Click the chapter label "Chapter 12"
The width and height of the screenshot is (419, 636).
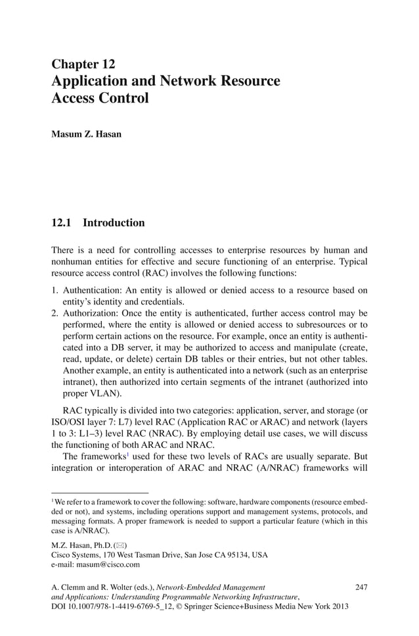83,64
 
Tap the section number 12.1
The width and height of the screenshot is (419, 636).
62,223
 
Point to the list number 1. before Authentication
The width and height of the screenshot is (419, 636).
55,290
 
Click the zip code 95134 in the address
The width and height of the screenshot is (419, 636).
240,554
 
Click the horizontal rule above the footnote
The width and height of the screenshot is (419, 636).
100,492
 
